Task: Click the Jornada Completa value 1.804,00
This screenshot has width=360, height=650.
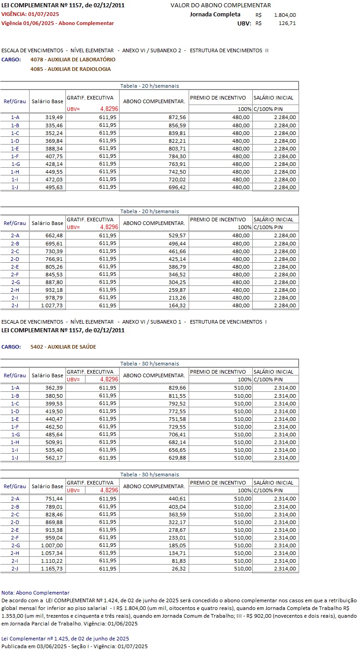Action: [x=285, y=15]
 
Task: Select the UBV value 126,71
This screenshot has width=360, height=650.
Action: [x=287, y=23]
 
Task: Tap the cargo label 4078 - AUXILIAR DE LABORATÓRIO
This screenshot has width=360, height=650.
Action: [x=73, y=60]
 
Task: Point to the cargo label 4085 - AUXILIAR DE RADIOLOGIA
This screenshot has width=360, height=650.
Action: [x=70, y=69]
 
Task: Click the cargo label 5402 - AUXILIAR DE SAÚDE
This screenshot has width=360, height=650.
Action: [x=63, y=347]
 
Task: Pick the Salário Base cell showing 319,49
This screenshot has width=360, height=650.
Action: [x=54, y=117]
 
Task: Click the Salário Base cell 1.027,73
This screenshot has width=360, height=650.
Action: [x=52, y=305]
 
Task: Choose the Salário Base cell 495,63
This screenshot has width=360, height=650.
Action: [x=54, y=187]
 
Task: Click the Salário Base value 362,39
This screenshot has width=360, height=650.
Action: [x=54, y=388]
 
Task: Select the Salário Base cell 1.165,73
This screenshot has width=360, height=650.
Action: [x=52, y=569]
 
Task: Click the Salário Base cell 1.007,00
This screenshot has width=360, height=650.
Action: [x=52, y=545]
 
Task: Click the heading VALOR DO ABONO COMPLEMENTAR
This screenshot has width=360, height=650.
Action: [x=220, y=5]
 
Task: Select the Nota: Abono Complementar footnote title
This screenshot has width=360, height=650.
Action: [x=35, y=593]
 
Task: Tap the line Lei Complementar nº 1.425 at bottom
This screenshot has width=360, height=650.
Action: [x=65, y=639]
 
